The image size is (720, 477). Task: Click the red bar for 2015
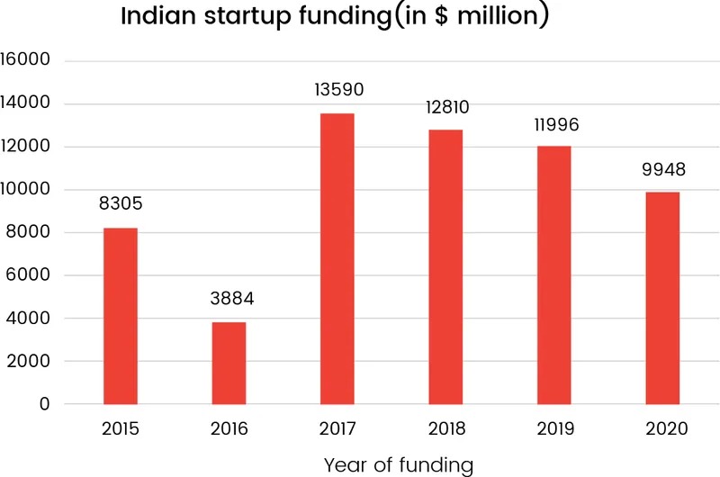tap(121, 316)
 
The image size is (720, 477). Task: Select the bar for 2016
tap(229, 363)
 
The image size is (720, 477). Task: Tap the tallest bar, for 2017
tap(337, 258)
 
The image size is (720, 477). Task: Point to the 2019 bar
tap(554, 274)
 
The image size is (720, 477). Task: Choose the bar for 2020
tap(662, 298)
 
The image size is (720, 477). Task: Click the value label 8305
tap(121, 204)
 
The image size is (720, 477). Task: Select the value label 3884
tap(229, 298)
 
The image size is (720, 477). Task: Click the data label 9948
tap(663, 168)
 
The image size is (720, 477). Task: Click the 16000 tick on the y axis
tap(27, 60)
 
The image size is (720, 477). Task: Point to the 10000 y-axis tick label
tap(27, 190)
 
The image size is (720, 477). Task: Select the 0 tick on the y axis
tap(44, 405)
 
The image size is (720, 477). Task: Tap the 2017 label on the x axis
tap(337, 430)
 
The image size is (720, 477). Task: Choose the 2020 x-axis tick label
tap(663, 430)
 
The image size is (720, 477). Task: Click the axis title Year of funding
tap(398, 464)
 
